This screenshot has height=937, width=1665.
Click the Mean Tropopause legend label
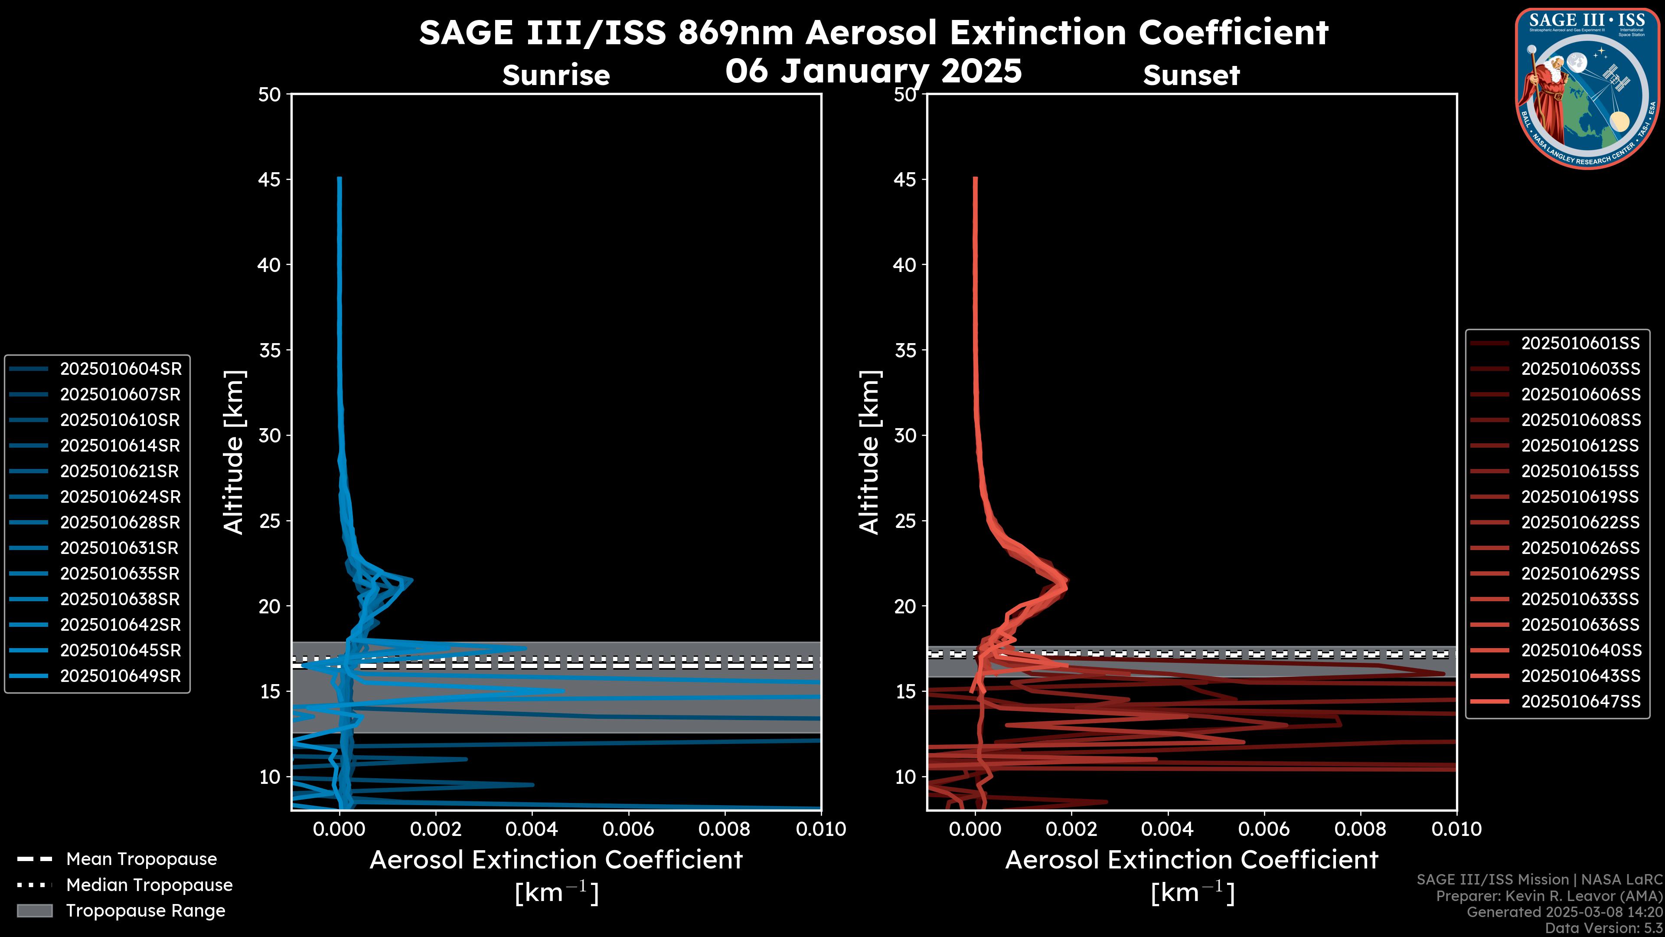(141, 859)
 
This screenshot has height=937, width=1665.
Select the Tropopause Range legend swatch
(34, 911)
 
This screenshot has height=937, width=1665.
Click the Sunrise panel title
(556, 75)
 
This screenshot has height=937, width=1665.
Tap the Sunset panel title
(1191, 75)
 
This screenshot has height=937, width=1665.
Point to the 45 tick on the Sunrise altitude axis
(270, 180)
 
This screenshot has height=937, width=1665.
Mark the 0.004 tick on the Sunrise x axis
(532, 829)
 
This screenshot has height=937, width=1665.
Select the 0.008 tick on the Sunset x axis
(1361, 829)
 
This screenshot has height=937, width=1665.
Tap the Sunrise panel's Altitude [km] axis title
(233, 452)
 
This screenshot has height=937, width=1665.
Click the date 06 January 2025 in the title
(873, 71)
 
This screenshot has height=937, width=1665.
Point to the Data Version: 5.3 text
(1603, 928)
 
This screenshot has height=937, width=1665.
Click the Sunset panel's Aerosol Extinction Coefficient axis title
(1191, 860)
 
